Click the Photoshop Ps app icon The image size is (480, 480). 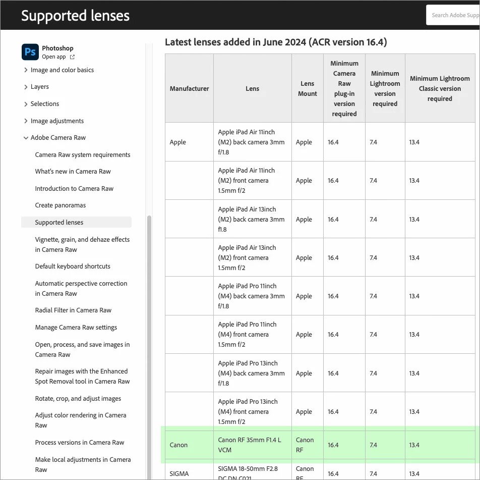[30, 52]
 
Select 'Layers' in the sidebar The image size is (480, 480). [40, 87]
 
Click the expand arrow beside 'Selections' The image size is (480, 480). [26, 104]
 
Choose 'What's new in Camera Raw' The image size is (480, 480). [73, 172]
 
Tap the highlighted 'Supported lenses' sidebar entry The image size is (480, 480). [59, 223]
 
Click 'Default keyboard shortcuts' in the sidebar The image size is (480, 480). [73, 266]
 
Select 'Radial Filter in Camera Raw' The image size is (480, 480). [73, 310]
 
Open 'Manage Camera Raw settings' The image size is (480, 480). [76, 328]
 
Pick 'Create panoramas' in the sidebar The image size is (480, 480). [61, 205]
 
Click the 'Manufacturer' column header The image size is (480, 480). [189, 89]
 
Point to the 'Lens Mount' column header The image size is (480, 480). [308, 89]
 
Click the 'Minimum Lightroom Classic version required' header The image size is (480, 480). [440, 89]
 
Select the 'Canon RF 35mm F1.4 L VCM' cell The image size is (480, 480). [250, 445]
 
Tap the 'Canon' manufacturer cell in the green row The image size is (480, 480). [178, 445]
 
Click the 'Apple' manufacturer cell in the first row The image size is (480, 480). [178, 142]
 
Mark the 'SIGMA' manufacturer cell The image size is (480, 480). [179, 474]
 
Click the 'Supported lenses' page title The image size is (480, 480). [75, 16]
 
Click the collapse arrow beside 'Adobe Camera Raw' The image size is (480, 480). [26, 138]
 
